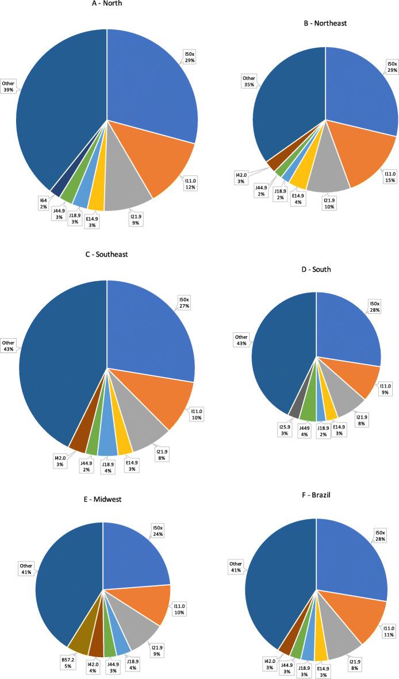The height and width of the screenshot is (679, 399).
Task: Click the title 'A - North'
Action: coord(106,3)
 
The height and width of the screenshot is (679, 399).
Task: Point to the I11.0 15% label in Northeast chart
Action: coord(390,175)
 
